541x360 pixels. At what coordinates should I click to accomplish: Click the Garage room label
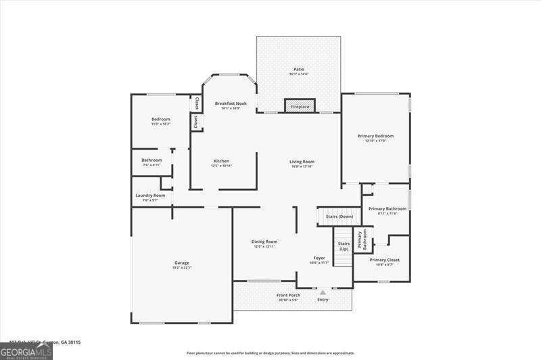[x=182, y=263]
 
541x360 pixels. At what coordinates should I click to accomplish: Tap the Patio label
[x=298, y=69]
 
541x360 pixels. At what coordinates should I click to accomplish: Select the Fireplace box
[x=300, y=106]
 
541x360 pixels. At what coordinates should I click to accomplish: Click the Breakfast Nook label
[x=231, y=104]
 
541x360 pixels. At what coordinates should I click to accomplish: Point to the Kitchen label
[x=221, y=161]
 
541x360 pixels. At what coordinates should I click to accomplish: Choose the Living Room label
[x=302, y=162]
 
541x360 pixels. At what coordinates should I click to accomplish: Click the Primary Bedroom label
[x=375, y=136]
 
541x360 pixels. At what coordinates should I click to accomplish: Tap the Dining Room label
[x=265, y=242]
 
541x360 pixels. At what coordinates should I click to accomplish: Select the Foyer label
[x=319, y=258]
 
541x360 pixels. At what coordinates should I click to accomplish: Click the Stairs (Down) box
[x=339, y=217]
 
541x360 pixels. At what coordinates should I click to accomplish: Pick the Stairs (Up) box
[x=344, y=246]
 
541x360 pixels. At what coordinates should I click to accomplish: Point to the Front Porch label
[x=287, y=296]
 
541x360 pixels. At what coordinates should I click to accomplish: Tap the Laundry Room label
[x=149, y=196]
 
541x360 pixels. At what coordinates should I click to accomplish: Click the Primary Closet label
[x=384, y=260]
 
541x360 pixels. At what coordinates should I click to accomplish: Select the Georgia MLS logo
[x=25, y=351]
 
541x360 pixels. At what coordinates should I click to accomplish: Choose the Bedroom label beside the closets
[x=160, y=120]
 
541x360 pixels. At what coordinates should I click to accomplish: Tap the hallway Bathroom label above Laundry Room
[x=151, y=160]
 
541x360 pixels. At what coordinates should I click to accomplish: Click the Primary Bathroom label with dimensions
[x=387, y=209]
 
